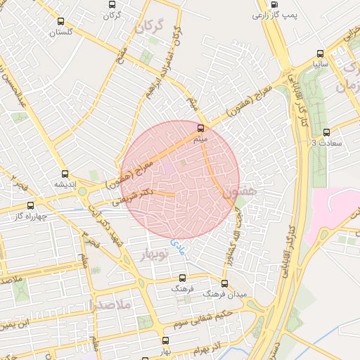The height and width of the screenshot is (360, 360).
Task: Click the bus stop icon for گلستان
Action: click(60, 21)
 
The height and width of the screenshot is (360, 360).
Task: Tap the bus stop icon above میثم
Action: click(201, 129)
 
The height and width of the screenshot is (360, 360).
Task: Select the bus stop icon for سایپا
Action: click(321, 53)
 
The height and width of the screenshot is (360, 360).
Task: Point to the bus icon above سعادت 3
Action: click(326, 132)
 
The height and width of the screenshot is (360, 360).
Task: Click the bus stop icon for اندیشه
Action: click(65, 174)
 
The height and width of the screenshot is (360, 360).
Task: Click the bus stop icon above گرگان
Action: click(111, 4)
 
